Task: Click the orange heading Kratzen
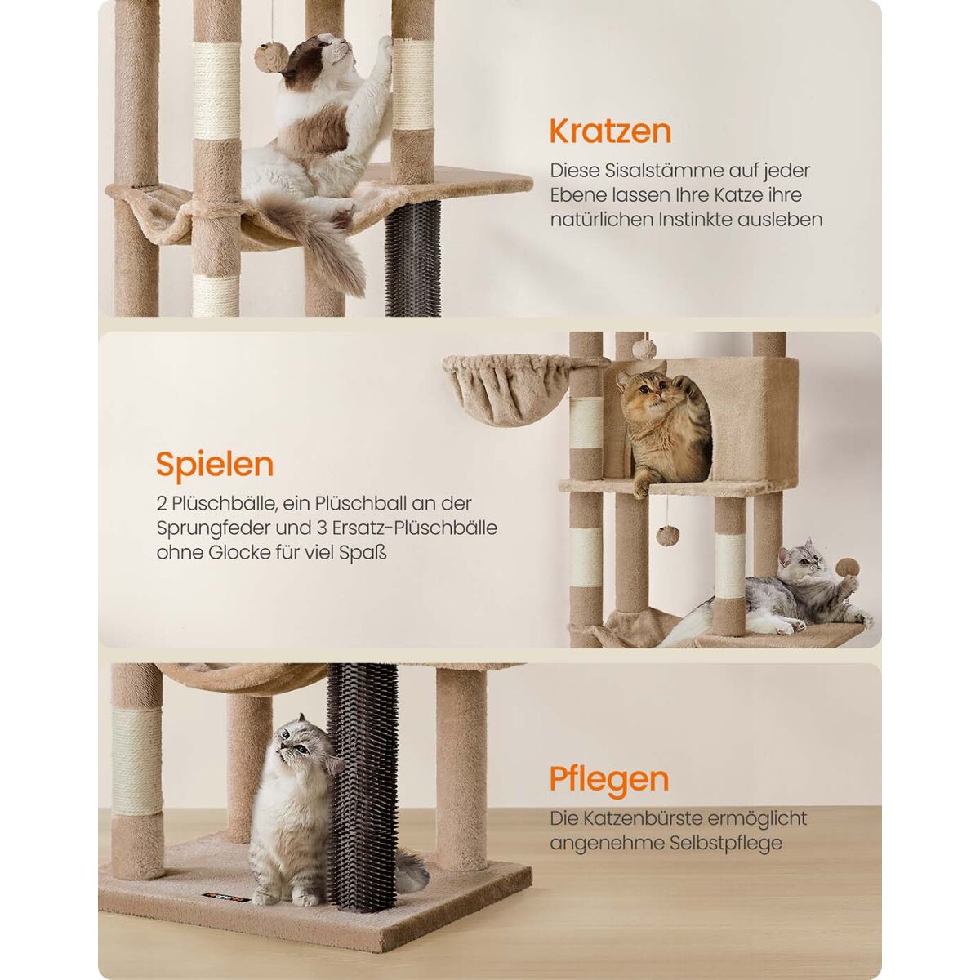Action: click(610, 131)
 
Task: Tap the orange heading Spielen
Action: click(215, 465)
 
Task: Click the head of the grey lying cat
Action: click(804, 560)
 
